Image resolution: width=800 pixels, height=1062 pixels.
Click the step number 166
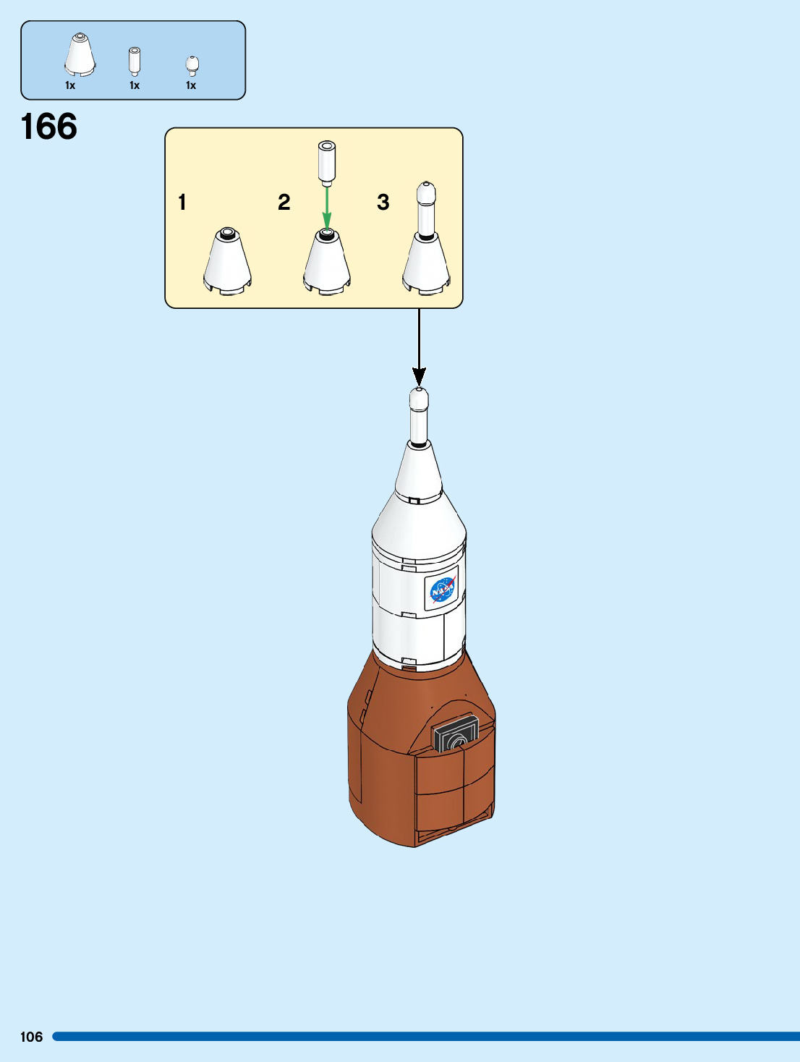(x=49, y=127)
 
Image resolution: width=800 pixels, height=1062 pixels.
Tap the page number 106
(x=31, y=1037)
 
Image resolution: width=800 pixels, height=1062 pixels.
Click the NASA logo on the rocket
(x=442, y=590)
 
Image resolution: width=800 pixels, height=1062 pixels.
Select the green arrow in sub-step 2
(x=327, y=208)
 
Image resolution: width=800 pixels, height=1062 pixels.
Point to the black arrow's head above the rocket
(x=419, y=376)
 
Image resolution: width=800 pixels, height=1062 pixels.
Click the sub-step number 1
(x=182, y=202)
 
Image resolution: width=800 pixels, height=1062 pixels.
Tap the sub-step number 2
(x=284, y=202)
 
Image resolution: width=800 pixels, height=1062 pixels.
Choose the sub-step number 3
(x=383, y=202)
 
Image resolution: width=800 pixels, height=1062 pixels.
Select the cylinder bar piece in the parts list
(x=135, y=61)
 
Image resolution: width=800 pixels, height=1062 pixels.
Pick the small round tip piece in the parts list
(x=192, y=65)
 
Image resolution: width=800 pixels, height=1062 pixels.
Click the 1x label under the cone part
(x=70, y=85)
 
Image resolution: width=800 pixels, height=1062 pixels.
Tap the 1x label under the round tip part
(x=191, y=85)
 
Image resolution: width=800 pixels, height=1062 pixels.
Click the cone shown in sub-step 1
(x=228, y=261)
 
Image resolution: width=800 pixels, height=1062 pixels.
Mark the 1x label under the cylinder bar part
(x=135, y=85)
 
